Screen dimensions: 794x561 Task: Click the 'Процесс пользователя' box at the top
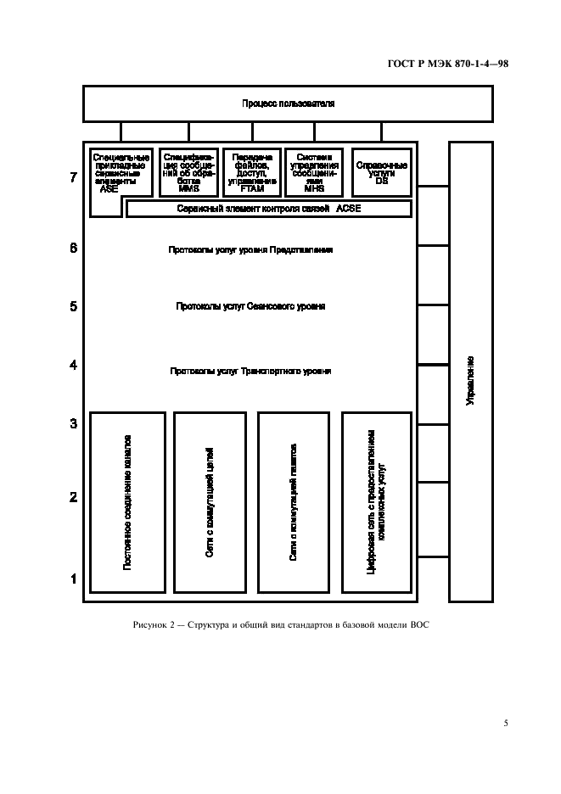(288, 103)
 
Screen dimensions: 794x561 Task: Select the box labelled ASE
(121, 173)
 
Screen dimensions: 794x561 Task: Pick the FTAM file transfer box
(252, 171)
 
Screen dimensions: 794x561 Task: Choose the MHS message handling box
(315, 171)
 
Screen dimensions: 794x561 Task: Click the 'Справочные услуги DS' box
(381, 171)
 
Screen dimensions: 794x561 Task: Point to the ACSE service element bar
(269, 209)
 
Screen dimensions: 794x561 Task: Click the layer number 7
(74, 178)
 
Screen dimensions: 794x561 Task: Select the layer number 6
(74, 249)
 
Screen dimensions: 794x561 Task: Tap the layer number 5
(74, 306)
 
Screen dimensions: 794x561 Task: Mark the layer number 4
(74, 366)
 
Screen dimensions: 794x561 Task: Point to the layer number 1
(74, 580)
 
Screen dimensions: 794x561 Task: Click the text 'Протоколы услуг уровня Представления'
(250, 250)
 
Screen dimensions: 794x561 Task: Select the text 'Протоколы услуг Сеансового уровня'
(250, 306)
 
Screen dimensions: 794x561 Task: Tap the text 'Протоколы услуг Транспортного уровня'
(250, 371)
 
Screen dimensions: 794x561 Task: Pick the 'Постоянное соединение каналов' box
(127, 502)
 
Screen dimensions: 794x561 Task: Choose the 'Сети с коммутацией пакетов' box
(295, 502)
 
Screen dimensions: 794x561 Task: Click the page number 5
(505, 724)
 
